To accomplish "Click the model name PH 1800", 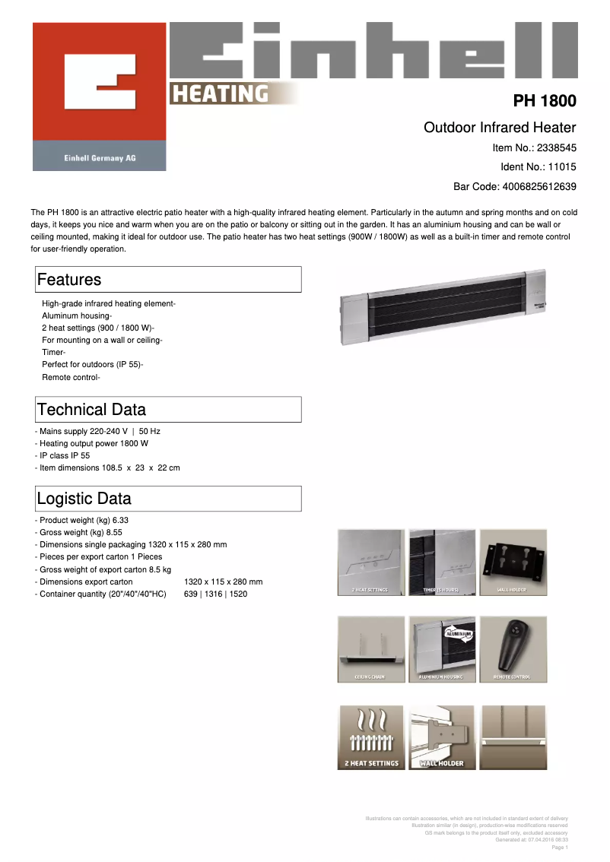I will coord(544,101).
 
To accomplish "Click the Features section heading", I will coord(69,280).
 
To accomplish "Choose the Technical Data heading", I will coord(91,410).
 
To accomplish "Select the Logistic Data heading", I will coord(84,499).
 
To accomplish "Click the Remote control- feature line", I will coord(71,377).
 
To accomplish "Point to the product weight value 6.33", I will coord(116,520).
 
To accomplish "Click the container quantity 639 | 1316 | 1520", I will coord(215,594).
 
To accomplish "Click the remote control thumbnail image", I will coord(513,648).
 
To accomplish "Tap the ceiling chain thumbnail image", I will coord(370,648).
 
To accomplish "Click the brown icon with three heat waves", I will coord(370,737).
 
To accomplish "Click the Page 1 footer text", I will coord(559,847).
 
